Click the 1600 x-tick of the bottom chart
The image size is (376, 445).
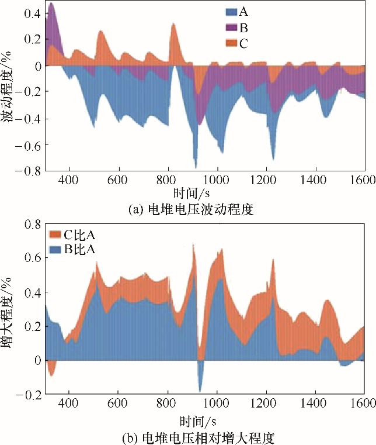(364, 403)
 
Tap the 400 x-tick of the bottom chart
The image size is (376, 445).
(69, 403)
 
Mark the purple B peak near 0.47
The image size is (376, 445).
(51, 5)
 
